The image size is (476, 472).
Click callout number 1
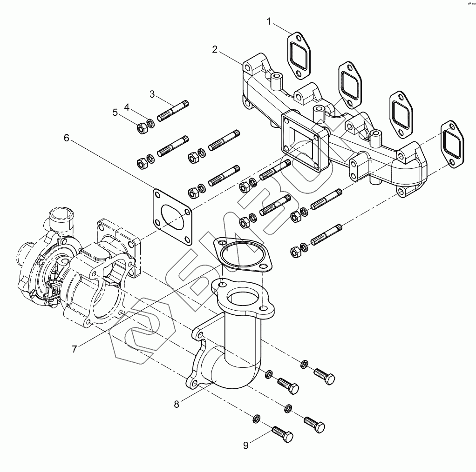(x=269, y=21)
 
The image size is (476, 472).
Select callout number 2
(x=215, y=50)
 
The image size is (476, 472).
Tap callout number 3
(x=152, y=94)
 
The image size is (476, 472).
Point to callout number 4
(x=126, y=107)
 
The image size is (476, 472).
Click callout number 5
(x=115, y=112)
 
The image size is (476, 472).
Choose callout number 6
(x=67, y=138)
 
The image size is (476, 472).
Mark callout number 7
(x=75, y=348)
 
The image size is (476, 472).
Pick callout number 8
(x=177, y=404)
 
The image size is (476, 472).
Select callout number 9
(x=246, y=445)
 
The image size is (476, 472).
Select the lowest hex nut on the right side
(x=295, y=253)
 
